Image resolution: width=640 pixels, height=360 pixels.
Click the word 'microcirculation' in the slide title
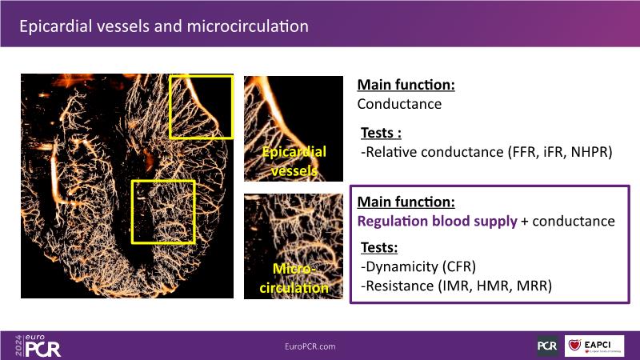pyautogui.click(x=248, y=26)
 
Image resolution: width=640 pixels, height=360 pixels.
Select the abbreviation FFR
pyautogui.click(x=524, y=152)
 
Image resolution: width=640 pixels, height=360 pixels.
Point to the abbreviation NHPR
pyautogui.click(x=590, y=152)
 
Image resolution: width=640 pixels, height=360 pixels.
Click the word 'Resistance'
pyautogui.click(x=399, y=286)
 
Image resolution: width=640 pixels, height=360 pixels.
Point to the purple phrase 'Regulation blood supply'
pyautogui.click(x=437, y=222)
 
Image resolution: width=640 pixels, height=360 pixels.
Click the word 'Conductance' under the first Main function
pyautogui.click(x=399, y=104)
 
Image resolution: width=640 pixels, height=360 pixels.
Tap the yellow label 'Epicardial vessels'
pyautogui.click(x=294, y=162)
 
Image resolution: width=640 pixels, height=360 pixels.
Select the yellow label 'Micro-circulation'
pyautogui.click(x=294, y=278)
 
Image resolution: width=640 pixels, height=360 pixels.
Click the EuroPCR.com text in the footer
pyautogui.click(x=310, y=346)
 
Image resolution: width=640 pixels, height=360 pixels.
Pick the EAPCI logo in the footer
pyautogui.click(x=594, y=346)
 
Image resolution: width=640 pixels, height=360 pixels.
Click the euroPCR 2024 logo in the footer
pyautogui.click(x=38, y=346)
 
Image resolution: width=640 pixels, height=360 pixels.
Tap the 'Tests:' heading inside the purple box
pyautogui.click(x=379, y=248)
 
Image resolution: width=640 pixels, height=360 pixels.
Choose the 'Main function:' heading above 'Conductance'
pyautogui.click(x=406, y=85)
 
